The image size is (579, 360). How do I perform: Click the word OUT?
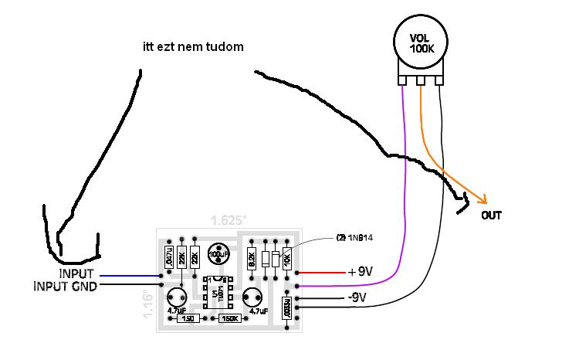491,216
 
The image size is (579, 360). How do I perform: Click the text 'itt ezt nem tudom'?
193,47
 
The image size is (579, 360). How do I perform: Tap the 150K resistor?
229,318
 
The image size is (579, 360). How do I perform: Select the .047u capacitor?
168,255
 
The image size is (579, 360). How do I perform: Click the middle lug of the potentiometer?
421,80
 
